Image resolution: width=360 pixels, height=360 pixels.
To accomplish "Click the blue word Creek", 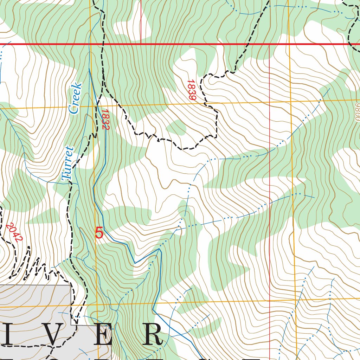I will pyautogui.click(x=75, y=99).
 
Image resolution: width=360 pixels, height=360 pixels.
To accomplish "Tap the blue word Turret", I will pyautogui.click(x=67, y=164).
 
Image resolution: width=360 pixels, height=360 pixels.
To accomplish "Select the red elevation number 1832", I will pyautogui.click(x=105, y=119).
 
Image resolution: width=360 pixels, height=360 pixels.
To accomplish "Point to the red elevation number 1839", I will pyautogui.click(x=191, y=90).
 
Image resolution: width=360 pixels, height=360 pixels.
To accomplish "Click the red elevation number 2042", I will pyautogui.click(x=14, y=232).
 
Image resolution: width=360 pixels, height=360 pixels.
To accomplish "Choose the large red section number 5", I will pyautogui.click(x=99, y=233).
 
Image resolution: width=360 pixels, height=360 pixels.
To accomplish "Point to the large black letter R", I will pyautogui.click(x=152, y=335).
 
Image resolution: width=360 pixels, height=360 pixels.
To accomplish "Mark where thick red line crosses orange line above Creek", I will pyautogui.click(x=90, y=44).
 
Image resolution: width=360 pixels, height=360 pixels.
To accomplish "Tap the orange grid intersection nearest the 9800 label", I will pyautogui.click(x=291, y=101).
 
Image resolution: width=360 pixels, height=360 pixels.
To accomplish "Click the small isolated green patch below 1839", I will pyautogui.click(x=176, y=128).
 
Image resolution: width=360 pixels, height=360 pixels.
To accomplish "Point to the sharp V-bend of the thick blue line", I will pyautogui.click(x=135, y=263).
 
